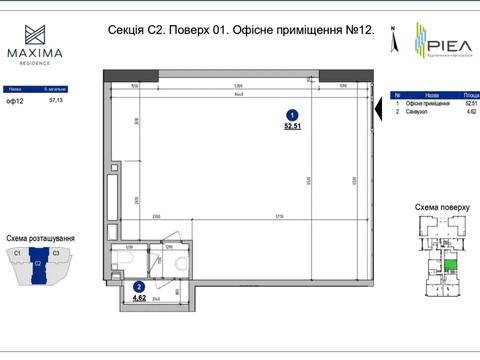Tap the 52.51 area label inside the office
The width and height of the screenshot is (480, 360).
pyautogui.click(x=291, y=127)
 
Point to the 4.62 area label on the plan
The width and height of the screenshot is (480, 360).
pyautogui.click(x=140, y=297)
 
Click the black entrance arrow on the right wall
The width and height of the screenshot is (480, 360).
pyautogui.click(x=381, y=112)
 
